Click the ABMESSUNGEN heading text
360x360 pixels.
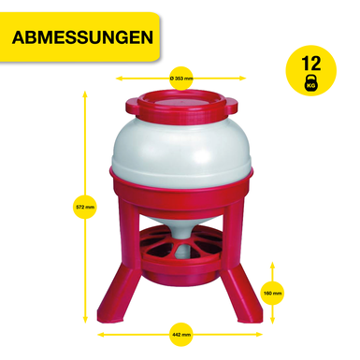coord(82,37)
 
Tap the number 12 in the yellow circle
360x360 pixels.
coord(310,64)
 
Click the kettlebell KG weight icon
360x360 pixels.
coord(310,83)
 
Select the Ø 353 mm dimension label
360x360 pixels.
coord(181,79)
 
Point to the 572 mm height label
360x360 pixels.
coord(85,207)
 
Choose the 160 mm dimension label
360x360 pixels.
coord(272,293)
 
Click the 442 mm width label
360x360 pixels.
coord(181,335)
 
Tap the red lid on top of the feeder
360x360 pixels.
coord(181,108)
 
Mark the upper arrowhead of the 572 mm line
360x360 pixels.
coord(84,94)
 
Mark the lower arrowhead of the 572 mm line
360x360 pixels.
coord(85,321)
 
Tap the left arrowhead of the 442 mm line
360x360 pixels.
coord(101,335)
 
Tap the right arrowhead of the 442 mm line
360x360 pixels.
coord(259,335)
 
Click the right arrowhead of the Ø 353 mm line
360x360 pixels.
coord(243,79)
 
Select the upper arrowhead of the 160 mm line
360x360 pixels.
coord(272,265)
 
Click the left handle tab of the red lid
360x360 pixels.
coord(133,106)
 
